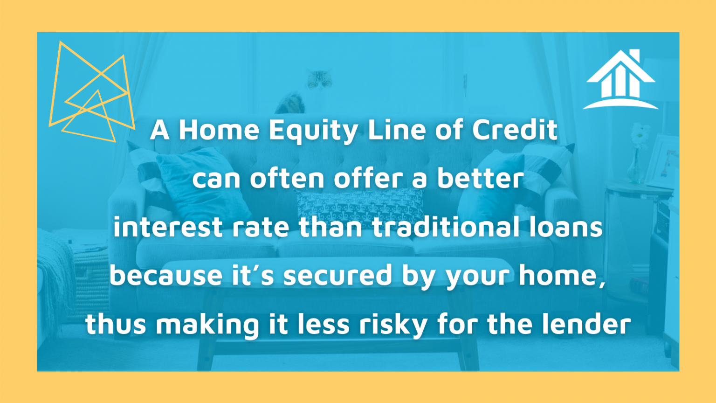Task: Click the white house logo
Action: (620, 79)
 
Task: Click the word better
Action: (480, 179)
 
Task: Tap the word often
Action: (287, 179)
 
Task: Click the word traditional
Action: (446, 227)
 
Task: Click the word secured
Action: (337, 275)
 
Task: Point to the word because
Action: (167, 275)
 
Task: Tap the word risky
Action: (393, 324)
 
